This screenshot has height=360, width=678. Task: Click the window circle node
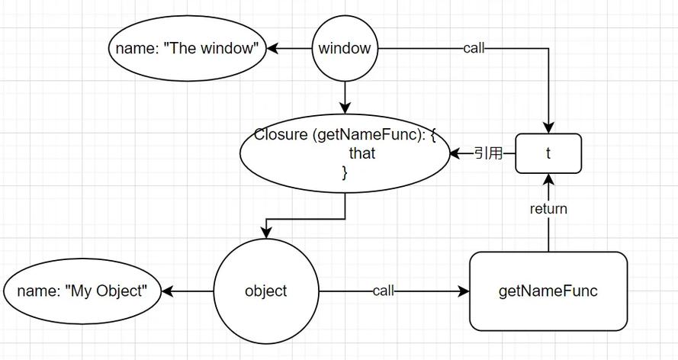tap(345, 49)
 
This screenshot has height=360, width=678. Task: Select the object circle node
tap(265, 291)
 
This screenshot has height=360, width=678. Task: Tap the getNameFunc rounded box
tap(548, 291)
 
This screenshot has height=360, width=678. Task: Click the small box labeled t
tap(548, 153)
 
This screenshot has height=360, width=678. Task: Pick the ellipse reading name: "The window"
tap(187, 49)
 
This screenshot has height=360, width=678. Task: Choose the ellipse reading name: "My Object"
tap(83, 291)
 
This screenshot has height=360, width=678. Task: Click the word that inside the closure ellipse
tap(361, 153)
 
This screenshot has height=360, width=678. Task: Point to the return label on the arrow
tap(548, 208)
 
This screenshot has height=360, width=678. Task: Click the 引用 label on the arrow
tap(488, 153)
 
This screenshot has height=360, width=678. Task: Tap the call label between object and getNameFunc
tap(384, 291)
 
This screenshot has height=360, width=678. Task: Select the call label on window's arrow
tap(473, 49)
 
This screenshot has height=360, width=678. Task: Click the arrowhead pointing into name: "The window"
tap(272, 49)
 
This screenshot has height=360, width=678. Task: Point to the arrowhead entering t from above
tap(548, 127)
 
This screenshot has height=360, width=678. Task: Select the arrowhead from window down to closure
tap(345, 108)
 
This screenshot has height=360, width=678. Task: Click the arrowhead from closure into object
tap(265, 232)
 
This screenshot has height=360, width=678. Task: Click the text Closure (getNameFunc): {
tap(345, 136)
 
